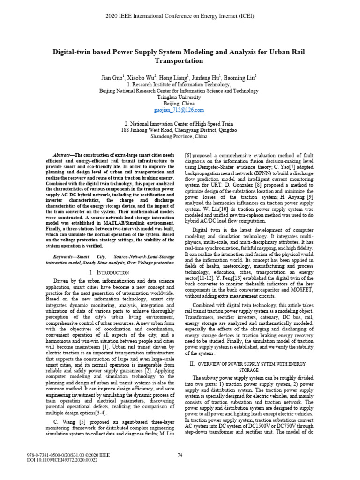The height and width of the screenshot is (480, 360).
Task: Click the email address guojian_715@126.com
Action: click(180, 110)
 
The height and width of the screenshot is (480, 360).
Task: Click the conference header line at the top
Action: click(180, 15)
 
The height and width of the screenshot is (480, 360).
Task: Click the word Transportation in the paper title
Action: click(180, 60)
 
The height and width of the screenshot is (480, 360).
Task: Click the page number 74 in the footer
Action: click(180, 454)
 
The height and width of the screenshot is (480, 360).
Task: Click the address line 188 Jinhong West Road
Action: click(180, 130)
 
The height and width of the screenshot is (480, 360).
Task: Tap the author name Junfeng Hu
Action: click(206, 76)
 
